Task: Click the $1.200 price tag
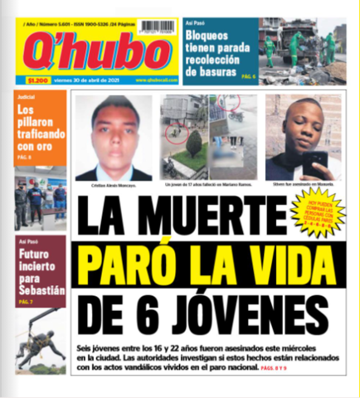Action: [37, 80]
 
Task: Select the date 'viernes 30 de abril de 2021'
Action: [91, 80]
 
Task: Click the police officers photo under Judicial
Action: [39, 199]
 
